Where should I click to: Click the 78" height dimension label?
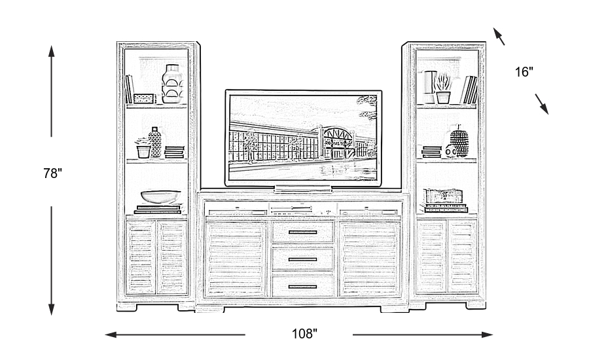point(52,173)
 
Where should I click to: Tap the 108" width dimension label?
point(304,334)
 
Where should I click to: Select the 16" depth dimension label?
point(524,72)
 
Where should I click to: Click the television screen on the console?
point(304,136)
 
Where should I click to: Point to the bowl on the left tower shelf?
point(160,196)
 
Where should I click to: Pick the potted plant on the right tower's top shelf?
point(443,88)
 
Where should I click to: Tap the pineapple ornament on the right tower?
point(460,143)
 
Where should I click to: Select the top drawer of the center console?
point(303,232)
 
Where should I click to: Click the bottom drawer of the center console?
point(303,285)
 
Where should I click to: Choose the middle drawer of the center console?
point(303,259)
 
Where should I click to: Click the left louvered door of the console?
point(237,259)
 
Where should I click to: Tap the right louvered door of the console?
point(370,259)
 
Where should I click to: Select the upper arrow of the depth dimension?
point(499,37)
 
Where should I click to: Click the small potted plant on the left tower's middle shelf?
point(143,149)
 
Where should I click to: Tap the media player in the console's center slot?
point(303,210)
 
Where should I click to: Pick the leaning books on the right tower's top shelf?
point(469,90)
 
